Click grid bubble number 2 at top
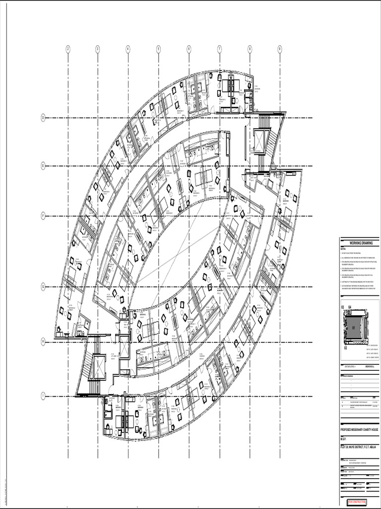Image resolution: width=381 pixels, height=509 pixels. pyautogui.click(x=68, y=49)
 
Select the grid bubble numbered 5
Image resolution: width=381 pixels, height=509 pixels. pyautogui.click(x=159, y=49)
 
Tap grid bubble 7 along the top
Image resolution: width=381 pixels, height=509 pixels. pyautogui.click(x=219, y=49)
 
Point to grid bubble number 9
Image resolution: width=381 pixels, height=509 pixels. pyautogui.click(x=280, y=49)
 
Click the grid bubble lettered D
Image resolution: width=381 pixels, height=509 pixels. pyautogui.click(x=43, y=118)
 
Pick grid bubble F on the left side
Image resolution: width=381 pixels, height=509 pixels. pyautogui.click(x=43, y=216)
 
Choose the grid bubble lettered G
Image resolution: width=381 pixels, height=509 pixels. pyautogui.click(x=43, y=287)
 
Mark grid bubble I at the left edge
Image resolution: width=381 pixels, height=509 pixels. pyautogui.click(x=43, y=396)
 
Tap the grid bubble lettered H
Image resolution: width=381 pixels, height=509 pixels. pyautogui.click(x=43, y=342)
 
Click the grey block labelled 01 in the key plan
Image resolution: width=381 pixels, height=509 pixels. pyautogui.click(x=354, y=328)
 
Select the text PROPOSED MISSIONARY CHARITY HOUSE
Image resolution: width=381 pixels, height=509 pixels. pyautogui.click(x=359, y=428)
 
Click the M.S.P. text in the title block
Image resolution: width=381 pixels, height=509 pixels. pyautogui.click(x=345, y=439)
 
